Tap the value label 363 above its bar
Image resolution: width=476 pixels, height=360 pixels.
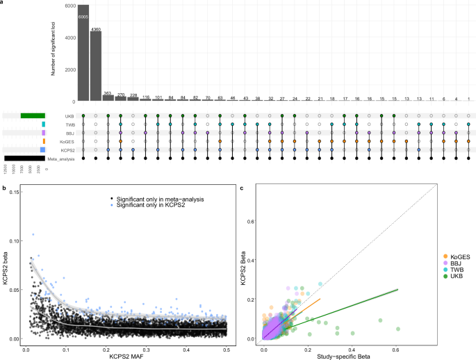pyautogui.click(x=108, y=92)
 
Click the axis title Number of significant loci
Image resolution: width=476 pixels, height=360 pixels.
pyautogui.click(x=54, y=53)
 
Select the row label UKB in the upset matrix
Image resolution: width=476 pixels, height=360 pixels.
pyautogui.click(x=69, y=115)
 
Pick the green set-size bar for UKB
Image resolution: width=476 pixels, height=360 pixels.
pyautogui.click(x=33, y=115)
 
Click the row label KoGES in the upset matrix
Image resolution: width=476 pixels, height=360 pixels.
pyautogui.click(x=67, y=141)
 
